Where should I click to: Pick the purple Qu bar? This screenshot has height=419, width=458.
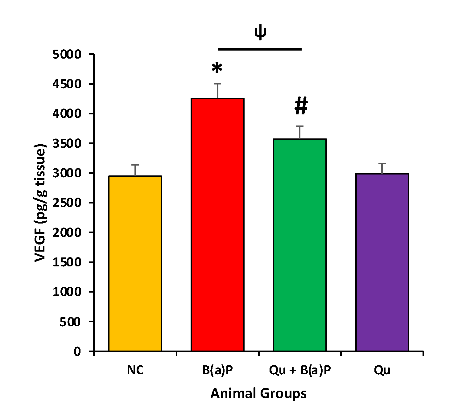point(382,262)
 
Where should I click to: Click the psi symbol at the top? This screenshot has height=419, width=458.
point(260,33)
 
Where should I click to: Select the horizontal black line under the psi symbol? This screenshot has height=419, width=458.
point(260,49)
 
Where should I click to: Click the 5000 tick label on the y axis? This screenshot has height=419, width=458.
point(67,55)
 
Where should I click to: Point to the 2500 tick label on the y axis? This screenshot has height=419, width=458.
point(67,203)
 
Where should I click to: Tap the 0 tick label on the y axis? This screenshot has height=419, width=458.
point(77,351)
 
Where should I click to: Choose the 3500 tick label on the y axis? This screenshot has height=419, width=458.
point(67,144)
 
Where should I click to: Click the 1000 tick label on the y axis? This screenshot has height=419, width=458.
point(67,292)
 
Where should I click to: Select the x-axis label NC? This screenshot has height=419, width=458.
point(135,370)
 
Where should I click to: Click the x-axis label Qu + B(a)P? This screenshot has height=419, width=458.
point(300,370)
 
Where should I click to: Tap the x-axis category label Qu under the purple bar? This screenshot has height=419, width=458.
point(382,370)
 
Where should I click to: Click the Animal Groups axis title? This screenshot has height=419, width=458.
point(258,394)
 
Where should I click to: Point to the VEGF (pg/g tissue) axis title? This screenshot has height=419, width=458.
point(41,203)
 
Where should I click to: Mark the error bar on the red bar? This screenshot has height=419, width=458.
point(218,90)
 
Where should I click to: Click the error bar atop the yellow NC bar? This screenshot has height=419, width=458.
point(135,170)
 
